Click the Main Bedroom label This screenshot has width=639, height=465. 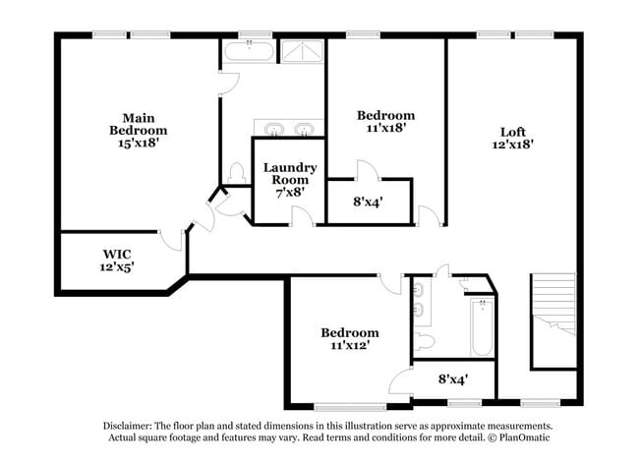point(138,123)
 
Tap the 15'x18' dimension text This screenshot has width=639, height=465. point(138,143)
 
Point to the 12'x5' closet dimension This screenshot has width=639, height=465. point(116,266)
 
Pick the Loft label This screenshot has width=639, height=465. point(513,132)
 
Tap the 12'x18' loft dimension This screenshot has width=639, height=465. point(513,145)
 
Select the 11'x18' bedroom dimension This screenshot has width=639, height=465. point(384,128)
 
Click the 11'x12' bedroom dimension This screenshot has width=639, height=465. point(349,346)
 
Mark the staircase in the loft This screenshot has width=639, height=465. point(552,320)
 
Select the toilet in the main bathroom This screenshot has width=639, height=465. point(236,173)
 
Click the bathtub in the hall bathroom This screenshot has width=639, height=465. point(481,328)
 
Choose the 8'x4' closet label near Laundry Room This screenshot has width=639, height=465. point(368,203)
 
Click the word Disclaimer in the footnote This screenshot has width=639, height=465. point(135,426)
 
